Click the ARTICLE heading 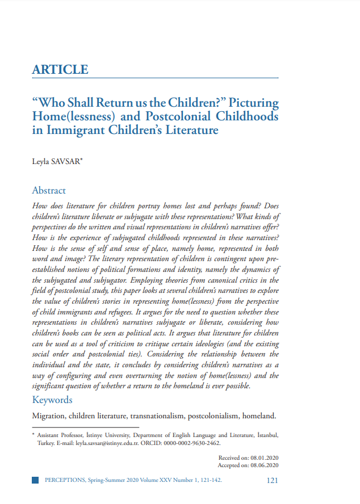click(x=60, y=70)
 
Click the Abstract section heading click(x=49, y=191)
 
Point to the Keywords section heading click(x=52, y=400)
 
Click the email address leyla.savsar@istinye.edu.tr click(x=111, y=443)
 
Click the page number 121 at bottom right click(x=272, y=480)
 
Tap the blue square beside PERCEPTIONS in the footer click(x=35, y=480)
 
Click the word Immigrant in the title click(x=78, y=131)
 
